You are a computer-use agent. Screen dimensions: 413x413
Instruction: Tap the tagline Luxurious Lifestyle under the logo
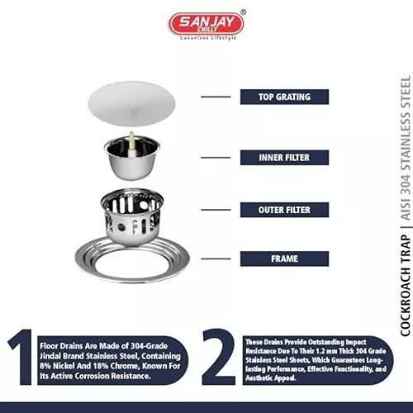click(206, 39)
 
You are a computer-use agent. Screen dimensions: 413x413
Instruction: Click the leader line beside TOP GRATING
click(216, 97)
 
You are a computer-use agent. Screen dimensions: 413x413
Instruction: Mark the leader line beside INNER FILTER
click(216, 157)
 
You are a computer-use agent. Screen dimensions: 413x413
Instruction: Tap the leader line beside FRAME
click(216, 259)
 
